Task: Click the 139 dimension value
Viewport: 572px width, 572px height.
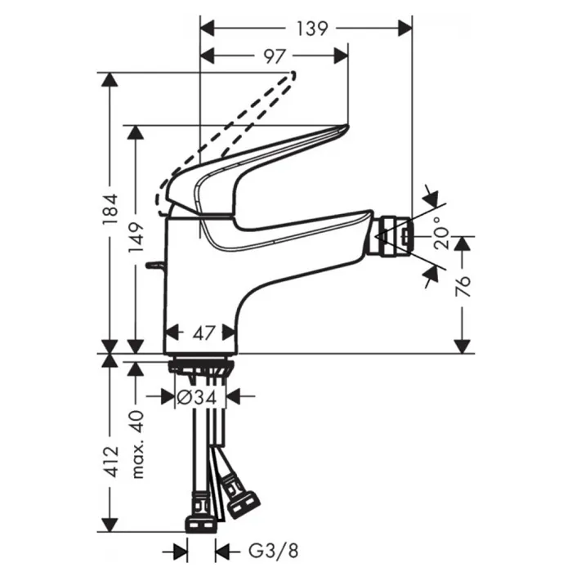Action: [x=312, y=29]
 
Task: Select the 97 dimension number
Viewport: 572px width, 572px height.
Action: [x=275, y=56]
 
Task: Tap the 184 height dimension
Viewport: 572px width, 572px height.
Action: [x=110, y=209]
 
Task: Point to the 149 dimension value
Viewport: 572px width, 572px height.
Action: [x=136, y=238]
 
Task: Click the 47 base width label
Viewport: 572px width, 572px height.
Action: [x=203, y=333]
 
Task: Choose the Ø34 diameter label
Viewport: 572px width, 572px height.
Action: [x=197, y=397]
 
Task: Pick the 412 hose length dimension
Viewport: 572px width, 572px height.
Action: [x=110, y=461]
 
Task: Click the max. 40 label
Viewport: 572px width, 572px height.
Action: [x=137, y=445]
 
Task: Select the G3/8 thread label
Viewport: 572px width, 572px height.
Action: [x=274, y=551]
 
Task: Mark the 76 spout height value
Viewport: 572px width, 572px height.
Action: [x=463, y=286]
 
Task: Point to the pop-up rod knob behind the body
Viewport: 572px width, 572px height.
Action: [x=156, y=266]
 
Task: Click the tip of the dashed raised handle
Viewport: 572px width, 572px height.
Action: [x=293, y=74]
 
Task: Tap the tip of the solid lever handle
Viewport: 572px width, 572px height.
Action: [x=346, y=127]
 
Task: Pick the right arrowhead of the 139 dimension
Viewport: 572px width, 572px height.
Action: [x=405, y=29]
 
